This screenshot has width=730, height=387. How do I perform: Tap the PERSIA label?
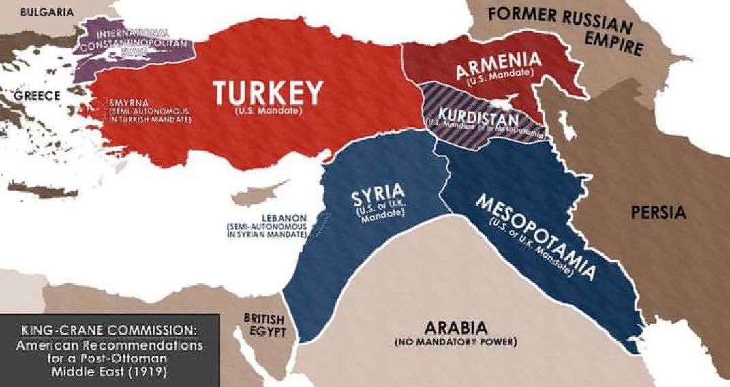click(x=658, y=213)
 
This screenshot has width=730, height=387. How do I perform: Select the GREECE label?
click(x=37, y=95)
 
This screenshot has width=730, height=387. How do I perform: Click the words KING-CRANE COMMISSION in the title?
click(x=109, y=330)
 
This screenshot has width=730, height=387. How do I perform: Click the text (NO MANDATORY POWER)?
click(x=455, y=341)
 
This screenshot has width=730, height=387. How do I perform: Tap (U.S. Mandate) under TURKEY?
click(x=267, y=110)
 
